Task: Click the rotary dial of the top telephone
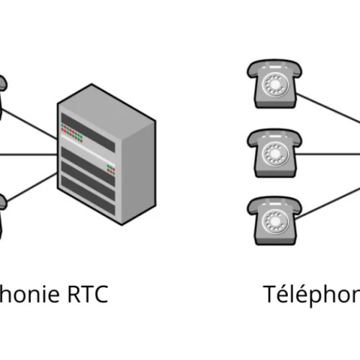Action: tap(274, 84)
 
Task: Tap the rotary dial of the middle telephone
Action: tap(274, 153)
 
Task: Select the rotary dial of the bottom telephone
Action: tap(274, 221)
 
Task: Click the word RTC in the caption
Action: tap(86, 294)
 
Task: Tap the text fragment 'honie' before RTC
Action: tap(29, 294)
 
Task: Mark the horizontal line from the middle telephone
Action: tap(328, 153)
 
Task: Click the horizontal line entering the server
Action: tap(29, 153)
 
